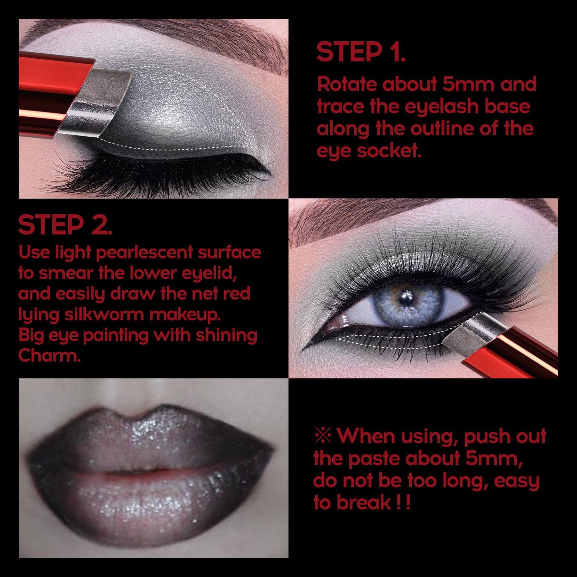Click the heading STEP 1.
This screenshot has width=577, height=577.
click(361, 52)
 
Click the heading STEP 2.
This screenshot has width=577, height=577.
click(65, 225)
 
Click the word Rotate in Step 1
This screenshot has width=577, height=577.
click(346, 85)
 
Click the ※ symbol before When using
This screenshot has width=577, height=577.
click(323, 435)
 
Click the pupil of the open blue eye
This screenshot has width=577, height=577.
click(406, 299)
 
